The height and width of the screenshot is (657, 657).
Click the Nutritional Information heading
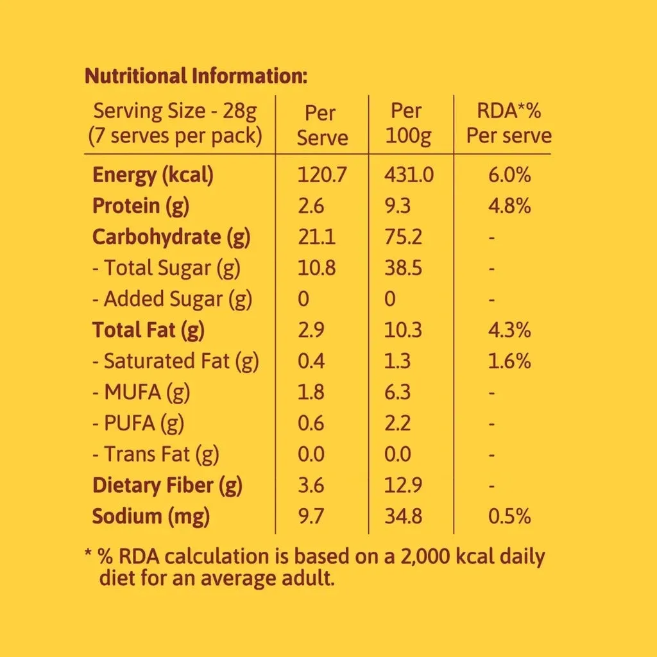(196, 76)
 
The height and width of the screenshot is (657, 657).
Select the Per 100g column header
(406, 123)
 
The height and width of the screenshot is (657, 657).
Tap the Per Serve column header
(321, 124)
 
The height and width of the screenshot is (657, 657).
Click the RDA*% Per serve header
(509, 123)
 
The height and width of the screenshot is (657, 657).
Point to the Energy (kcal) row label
(153, 175)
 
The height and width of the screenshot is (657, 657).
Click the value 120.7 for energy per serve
(321, 175)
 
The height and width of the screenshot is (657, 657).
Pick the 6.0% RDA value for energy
(509, 175)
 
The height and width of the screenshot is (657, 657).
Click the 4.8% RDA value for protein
(509, 206)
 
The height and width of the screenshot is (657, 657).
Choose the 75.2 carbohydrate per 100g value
(403, 237)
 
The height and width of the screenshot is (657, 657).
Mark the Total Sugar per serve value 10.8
(317, 268)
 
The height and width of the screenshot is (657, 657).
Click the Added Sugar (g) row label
(173, 299)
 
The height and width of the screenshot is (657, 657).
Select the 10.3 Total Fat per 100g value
(403, 330)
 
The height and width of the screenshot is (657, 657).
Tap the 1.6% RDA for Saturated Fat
(509, 361)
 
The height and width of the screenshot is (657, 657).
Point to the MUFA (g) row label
(142, 392)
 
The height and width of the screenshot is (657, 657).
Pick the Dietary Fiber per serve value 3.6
(311, 485)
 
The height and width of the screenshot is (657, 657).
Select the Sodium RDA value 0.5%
(509, 516)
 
